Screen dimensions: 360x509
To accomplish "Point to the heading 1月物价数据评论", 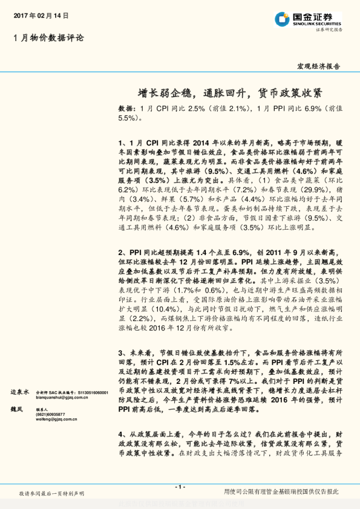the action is pyautogui.click(x=48, y=38).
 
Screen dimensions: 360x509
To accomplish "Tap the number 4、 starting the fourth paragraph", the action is pyautogui.click(x=122, y=434).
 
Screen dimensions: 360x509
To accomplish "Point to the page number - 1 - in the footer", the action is pyautogui.click(x=180, y=487).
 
